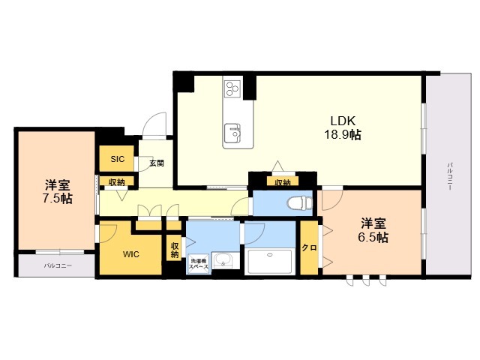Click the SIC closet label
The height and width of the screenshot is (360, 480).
click(x=118, y=159)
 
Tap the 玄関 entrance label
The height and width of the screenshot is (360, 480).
click(x=156, y=163)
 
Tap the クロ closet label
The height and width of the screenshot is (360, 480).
click(x=308, y=248)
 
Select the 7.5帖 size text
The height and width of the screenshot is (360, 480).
click(x=57, y=199)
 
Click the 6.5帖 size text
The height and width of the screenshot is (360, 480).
click(x=373, y=238)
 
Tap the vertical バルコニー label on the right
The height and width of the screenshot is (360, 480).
click(x=449, y=176)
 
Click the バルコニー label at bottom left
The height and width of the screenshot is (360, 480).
click(x=58, y=265)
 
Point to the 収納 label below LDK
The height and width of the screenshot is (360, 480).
click(x=282, y=181)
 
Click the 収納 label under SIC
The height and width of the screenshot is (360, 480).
click(x=116, y=181)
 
